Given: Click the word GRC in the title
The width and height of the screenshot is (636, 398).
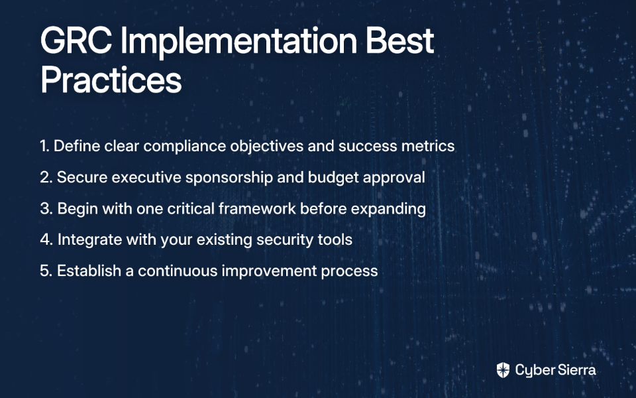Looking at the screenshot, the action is (76, 40).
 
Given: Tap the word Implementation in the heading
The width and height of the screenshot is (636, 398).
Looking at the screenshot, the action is (239, 43).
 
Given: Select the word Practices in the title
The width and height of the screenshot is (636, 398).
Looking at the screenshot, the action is (111, 80).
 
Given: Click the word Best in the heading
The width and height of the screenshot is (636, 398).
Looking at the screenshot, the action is (400, 40).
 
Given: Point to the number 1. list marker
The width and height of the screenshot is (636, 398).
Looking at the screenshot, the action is (44, 146).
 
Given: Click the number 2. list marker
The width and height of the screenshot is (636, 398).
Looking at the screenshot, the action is (46, 178).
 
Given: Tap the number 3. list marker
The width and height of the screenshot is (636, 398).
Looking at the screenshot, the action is (46, 209).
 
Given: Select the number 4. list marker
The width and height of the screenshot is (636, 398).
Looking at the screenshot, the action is (46, 239).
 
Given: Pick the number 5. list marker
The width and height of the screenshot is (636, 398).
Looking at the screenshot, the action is (46, 271).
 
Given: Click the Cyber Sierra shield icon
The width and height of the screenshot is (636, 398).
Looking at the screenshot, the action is (503, 370).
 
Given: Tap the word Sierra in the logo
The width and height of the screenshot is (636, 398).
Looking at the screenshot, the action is (576, 370).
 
